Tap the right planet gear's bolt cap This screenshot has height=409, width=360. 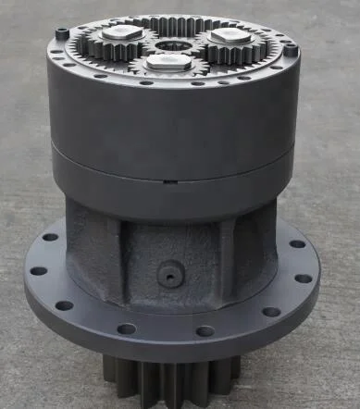[x=226, y=36]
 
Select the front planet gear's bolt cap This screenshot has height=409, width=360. [x=169, y=62]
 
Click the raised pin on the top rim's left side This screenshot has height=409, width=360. [x=62, y=34]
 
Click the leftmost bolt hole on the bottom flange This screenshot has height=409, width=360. [x=39, y=272]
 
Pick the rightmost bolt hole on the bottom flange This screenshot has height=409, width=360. [x=304, y=278]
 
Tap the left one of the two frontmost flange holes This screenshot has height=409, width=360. [x=127, y=328]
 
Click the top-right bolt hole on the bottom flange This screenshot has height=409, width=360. [x=295, y=244]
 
